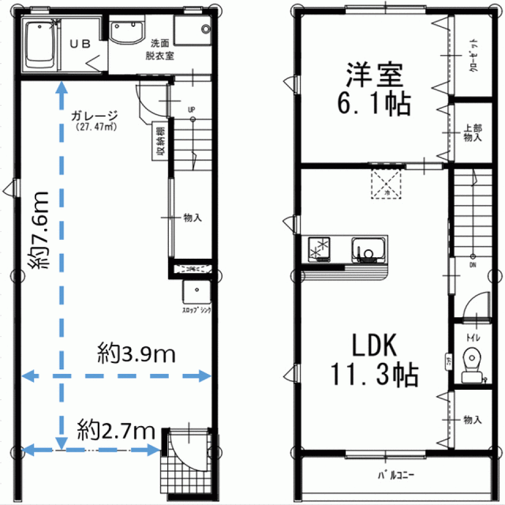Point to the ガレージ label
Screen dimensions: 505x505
tap(95, 116)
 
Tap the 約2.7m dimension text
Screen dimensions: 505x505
tap(116, 431)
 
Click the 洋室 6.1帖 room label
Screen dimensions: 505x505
tap(374, 89)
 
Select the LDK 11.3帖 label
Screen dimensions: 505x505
tap(374, 360)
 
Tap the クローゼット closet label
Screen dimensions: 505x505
tap(474, 55)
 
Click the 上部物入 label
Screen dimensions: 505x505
tap(472, 133)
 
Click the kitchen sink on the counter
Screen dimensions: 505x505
tap(369, 248)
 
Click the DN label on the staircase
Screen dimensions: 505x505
tap(473, 265)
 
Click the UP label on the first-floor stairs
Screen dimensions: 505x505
tap(192, 109)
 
